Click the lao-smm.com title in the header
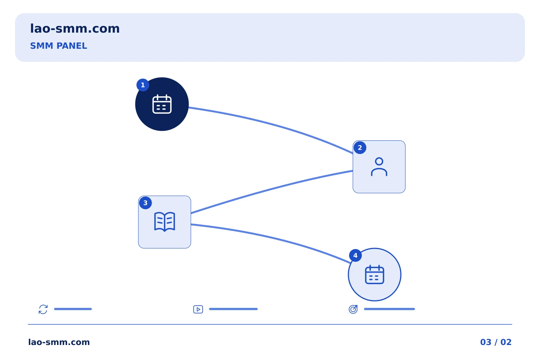[x=75, y=29]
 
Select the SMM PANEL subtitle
[x=58, y=46]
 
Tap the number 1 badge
[x=143, y=85]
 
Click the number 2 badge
[x=360, y=148]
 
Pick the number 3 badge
[x=145, y=203]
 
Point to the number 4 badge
[x=355, y=255]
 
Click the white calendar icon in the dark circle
[x=162, y=104]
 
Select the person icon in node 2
[x=379, y=167]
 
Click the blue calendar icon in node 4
[x=375, y=274]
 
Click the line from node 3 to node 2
[x=271, y=189]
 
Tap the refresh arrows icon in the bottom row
[x=43, y=309]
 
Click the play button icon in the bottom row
[x=198, y=309]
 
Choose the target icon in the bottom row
[x=353, y=309]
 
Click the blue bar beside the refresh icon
[x=73, y=309]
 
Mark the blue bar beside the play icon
[x=233, y=309]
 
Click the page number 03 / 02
[x=496, y=342]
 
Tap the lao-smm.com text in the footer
[x=59, y=342]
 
